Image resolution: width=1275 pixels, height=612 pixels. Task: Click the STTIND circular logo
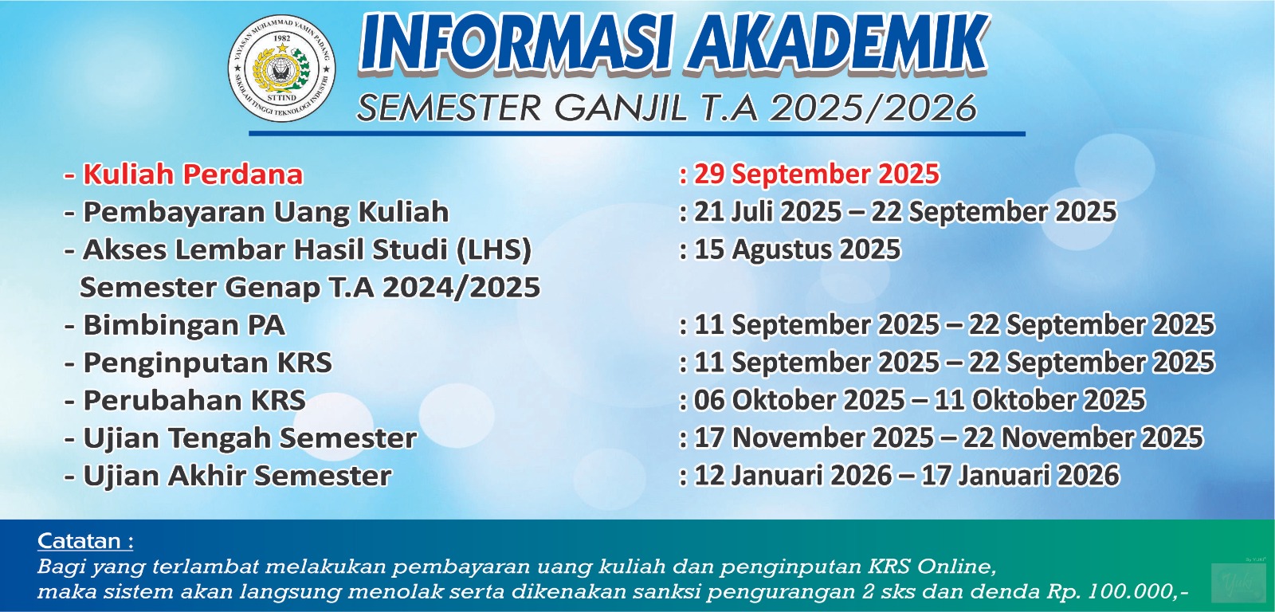pos(282,68)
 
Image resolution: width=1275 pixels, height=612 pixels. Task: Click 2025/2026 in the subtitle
pos(873,108)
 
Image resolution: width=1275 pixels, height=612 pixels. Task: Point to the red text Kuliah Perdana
pos(193,174)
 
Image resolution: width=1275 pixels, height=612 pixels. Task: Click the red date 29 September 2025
pos(816,174)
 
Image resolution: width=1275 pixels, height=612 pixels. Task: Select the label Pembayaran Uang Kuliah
pos(266,212)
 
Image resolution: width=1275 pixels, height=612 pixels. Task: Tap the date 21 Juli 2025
pos(767,212)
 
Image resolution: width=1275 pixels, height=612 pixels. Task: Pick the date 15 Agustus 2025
pos(798,249)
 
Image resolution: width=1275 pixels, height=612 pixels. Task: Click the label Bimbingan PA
pos(184,325)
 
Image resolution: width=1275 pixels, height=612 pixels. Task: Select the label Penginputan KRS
pos(207,363)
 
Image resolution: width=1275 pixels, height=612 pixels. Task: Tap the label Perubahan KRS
pos(194,400)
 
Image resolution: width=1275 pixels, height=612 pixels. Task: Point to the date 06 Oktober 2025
pos(799,400)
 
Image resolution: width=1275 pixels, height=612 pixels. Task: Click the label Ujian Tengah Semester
pos(250,438)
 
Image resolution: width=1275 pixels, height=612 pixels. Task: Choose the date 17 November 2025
pos(814,437)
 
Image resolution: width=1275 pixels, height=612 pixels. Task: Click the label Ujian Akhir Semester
pos(237,476)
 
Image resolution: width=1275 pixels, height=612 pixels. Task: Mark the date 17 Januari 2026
pos(1020,476)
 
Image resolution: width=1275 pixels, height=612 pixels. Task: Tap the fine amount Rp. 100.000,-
pos(1117,592)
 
